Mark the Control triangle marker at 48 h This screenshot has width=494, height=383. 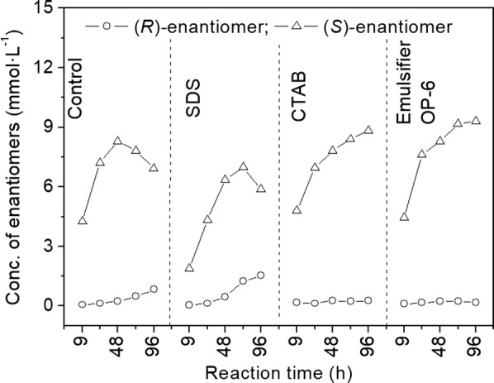(117, 141)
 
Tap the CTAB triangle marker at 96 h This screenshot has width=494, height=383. (368, 130)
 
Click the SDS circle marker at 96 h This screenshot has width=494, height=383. (261, 275)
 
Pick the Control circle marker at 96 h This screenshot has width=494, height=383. (154, 289)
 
